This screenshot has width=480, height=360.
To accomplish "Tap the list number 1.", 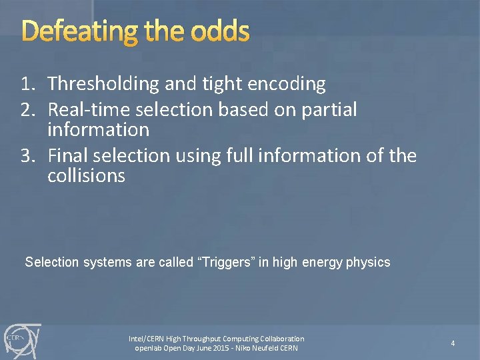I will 26,84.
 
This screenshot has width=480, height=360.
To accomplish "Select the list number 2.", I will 26,109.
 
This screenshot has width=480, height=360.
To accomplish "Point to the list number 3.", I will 26,156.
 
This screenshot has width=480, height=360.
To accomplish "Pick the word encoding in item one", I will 286,84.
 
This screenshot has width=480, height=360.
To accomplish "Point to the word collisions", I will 86,176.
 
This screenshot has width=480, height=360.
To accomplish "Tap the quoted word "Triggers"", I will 222,262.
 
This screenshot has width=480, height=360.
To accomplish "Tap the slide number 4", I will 453,343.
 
